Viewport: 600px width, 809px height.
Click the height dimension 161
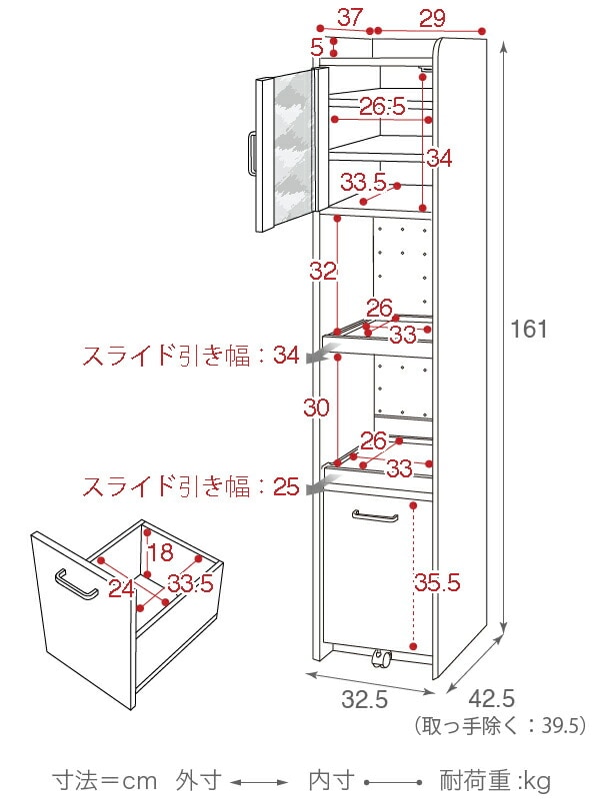[529, 329]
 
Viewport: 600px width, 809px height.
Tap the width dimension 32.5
[364, 700]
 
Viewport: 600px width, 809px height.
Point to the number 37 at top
[349, 17]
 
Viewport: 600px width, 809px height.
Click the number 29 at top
[433, 17]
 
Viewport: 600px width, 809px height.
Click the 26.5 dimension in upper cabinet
[382, 106]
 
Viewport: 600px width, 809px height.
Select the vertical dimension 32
[323, 271]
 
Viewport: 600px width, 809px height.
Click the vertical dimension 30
[318, 407]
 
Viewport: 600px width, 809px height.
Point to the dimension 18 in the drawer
[161, 554]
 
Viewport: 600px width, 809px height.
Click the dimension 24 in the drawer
[121, 588]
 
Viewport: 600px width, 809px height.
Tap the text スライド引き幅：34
[190, 355]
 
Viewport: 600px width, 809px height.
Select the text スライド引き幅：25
[190, 486]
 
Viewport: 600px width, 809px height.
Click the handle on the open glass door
[252, 152]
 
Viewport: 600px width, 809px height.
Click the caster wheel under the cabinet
[380, 657]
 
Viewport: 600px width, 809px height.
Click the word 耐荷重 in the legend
[476, 780]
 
